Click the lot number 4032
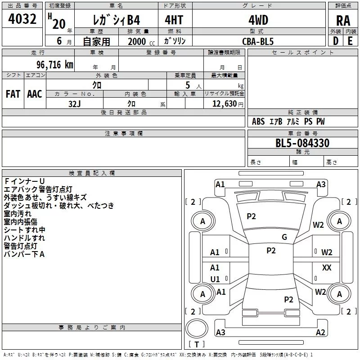click(x=22, y=19)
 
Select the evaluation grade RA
click(x=343, y=21)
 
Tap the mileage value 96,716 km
click(x=54, y=65)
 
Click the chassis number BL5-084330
click(x=302, y=143)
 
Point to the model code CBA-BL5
click(x=258, y=41)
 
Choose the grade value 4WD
click(x=258, y=20)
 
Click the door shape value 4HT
click(x=174, y=20)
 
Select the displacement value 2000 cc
click(x=141, y=41)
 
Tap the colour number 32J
click(x=75, y=104)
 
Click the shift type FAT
click(x=13, y=94)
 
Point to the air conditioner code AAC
click(x=35, y=94)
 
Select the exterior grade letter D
click(x=336, y=41)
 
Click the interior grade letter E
click(x=350, y=41)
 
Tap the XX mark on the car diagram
click(x=327, y=267)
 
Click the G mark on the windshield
click(x=284, y=237)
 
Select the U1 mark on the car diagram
click(x=215, y=279)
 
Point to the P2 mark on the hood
click(x=251, y=216)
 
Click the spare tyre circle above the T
click(x=197, y=328)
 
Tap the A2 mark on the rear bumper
click(x=320, y=332)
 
